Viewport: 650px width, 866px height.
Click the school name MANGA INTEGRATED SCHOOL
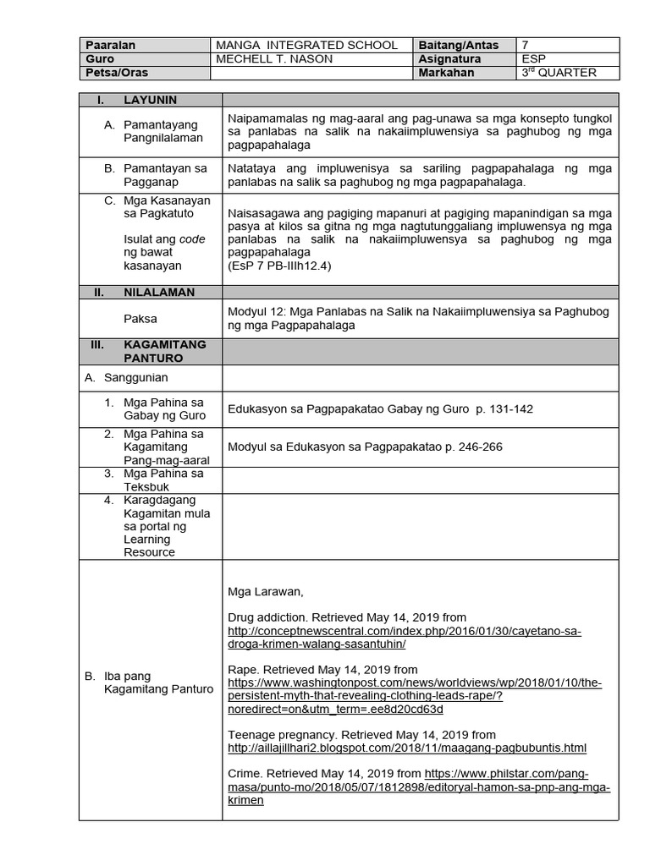tap(306, 45)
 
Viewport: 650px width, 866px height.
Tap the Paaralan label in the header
tap(110, 45)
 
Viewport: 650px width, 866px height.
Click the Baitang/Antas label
tap(458, 45)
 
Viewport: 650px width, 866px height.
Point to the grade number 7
tap(526, 45)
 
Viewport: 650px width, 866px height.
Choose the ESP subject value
tap(534, 59)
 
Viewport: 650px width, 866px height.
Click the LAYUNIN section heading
tap(150, 100)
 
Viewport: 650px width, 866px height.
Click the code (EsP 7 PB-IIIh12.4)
tap(279, 266)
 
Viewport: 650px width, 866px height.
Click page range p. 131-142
tap(504, 408)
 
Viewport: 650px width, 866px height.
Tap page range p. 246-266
tap(473, 447)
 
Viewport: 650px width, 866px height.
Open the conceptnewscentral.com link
tap(405, 638)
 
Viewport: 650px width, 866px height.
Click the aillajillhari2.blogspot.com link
tap(407, 748)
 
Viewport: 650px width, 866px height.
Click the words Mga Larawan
tap(265, 591)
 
